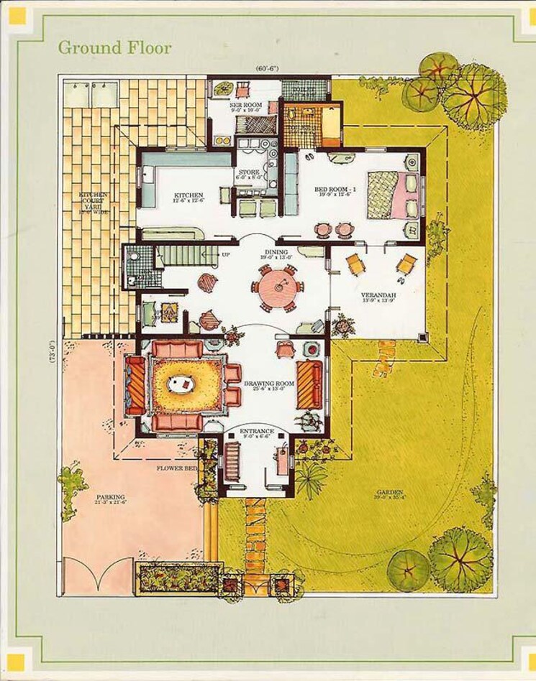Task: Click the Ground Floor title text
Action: (x=114, y=48)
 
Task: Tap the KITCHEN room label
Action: (x=188, y=195)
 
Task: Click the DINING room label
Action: (x=276, y=253)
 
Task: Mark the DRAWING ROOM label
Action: (x=268, y=384)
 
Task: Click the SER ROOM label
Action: (x=244, y=106)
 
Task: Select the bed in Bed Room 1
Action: (x=387, y=194)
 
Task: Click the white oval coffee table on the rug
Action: (x=181, y=384)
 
